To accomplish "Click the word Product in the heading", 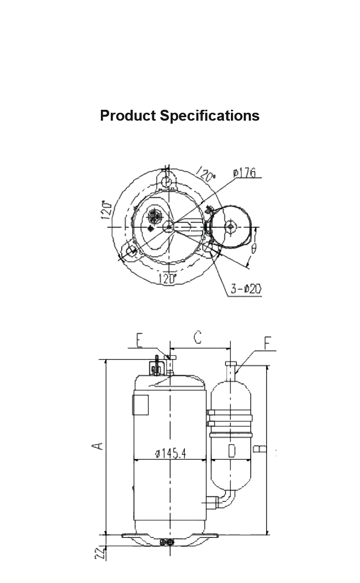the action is pos(128,116).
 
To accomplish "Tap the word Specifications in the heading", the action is pos(210,116).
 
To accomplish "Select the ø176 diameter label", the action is pos(245,173).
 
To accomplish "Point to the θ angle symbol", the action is pos(254,248).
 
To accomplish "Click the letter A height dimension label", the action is pos(98,445).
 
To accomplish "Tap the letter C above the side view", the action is pos(197,337).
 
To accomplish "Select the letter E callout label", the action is pos(139,340).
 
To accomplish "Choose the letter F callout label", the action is pos(268,343).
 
